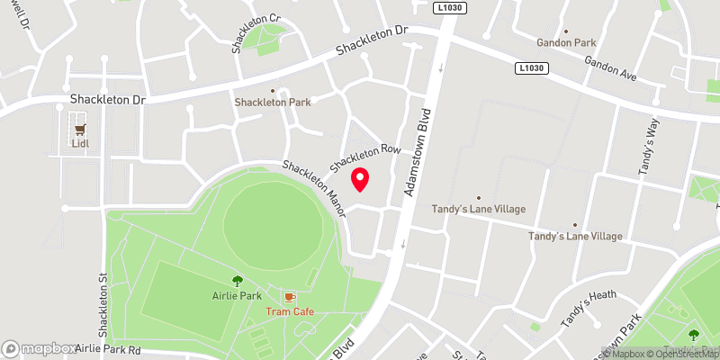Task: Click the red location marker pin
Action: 360,180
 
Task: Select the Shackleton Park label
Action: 273,102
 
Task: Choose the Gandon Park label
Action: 567,42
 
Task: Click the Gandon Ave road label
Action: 610,68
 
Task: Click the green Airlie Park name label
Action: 238,296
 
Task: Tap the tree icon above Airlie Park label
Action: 238,281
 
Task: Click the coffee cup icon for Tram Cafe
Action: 290,296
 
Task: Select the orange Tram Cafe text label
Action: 290,311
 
